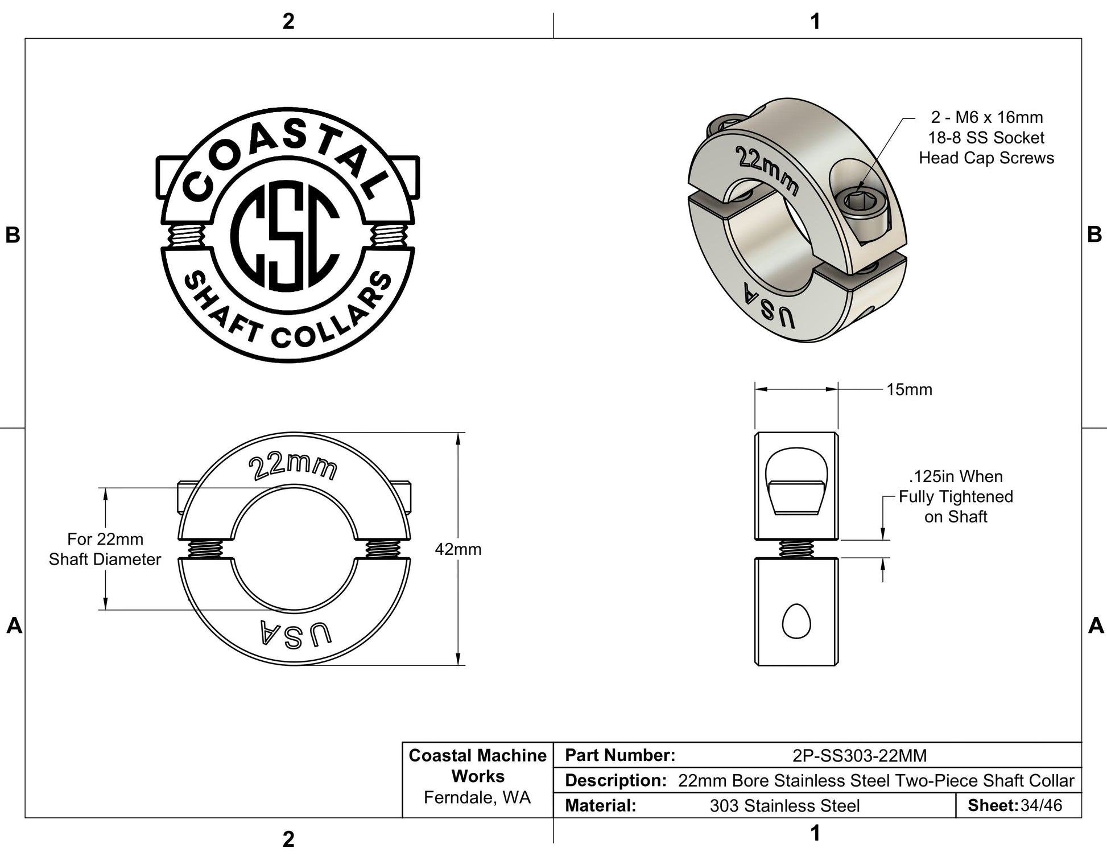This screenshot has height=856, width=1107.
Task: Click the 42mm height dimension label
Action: [x=458, y=549]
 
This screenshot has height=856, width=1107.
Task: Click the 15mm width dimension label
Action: [x=909, y=390]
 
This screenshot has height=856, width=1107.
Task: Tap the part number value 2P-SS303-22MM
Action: [x=860, y=756]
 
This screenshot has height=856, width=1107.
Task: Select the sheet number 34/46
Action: [x=1041, y=805]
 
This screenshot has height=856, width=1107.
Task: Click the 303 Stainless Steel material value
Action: [x=784, y=806]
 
